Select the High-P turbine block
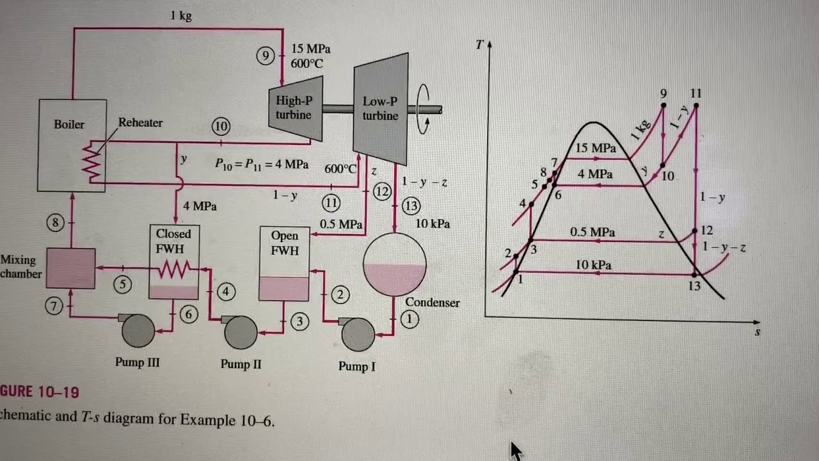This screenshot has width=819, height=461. [x=296, y=108]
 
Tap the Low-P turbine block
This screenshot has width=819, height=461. [x=381, y=109]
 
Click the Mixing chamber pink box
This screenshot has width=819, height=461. [x=71, y=268]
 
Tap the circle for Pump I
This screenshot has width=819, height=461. [x=358, y=335]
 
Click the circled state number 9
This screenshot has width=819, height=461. [x=266, y=56]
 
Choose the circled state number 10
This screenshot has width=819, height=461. [x=221, y=127]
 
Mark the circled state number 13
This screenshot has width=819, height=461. [x=411, y=206]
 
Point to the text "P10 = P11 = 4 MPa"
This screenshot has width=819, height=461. [x=262, y=165]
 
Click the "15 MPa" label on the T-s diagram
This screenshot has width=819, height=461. [x=596, y=148]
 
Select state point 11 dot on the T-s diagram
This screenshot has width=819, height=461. [x=696, y=106]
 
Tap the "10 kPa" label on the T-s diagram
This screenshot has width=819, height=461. [x=593, y=265]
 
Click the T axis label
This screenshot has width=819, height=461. [x=479, y=45]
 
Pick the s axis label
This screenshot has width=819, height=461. [x=757, y=332]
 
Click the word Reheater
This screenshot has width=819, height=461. [x=140, y=122]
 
